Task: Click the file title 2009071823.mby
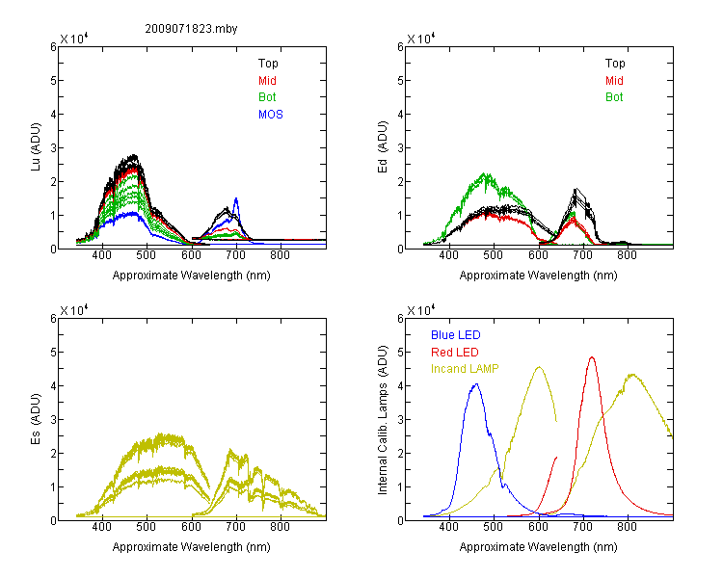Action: (x=191, y=29)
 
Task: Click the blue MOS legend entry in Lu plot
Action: (x=271, y=115)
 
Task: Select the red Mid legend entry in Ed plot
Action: (x=614, y=81)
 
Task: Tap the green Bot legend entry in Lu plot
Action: (x=267, y=97)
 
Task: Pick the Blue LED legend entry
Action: (x=456, y=335)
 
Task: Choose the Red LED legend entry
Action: (x=455, y=353)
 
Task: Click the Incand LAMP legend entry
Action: (x=465, y=369)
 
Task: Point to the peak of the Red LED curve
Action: (x=592, y=356)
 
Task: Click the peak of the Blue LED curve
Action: (x=476, y=384)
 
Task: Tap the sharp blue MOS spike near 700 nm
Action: (x=236, y=198)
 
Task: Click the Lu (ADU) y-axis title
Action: (x=36, y=146)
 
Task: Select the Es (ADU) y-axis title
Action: (x=36, y=418)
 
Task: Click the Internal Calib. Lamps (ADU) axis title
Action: (x=383, y=420)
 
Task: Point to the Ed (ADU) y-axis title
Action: (x=383, y=146)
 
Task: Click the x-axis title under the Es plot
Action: (x=192, y=547)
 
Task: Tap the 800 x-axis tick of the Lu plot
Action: (x=280, y=255)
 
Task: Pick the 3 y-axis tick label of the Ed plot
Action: (x=400, y=148)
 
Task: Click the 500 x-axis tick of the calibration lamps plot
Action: (x=494, y=527)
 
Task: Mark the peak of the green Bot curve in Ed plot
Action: (x=484, y=174)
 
